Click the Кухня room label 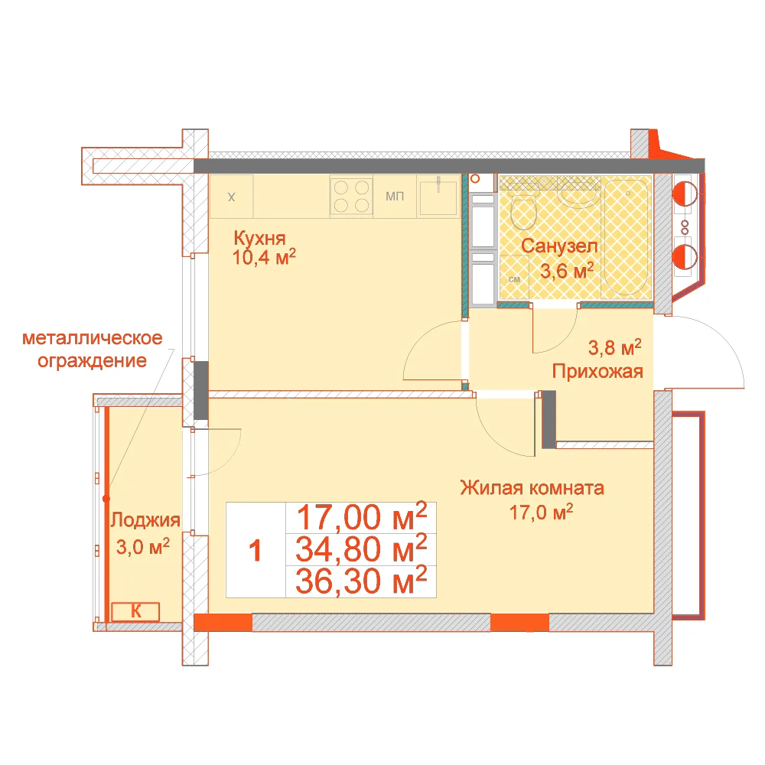click(259, 238)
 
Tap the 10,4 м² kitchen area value click(264, 257)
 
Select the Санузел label click(559, 246)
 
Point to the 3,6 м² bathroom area click(567, 270)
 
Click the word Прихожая click(597, 372)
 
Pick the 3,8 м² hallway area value click(615, 347)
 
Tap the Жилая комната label click(532, 487)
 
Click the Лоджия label click(145, 520)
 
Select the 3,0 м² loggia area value click(143, 547)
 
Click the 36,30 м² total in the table click(361, 581)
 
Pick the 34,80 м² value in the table click(361, 549)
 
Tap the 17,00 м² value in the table click(362, 516)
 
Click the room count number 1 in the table click(256, 550)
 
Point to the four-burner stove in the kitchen click(351, 196)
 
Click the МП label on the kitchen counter click(395, 196)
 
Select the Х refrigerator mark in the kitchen click(231, 197)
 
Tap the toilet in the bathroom click(523, 210)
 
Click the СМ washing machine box click(514, 277)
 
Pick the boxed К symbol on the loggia click(135, 612)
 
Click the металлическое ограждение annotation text click(93, 350)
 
